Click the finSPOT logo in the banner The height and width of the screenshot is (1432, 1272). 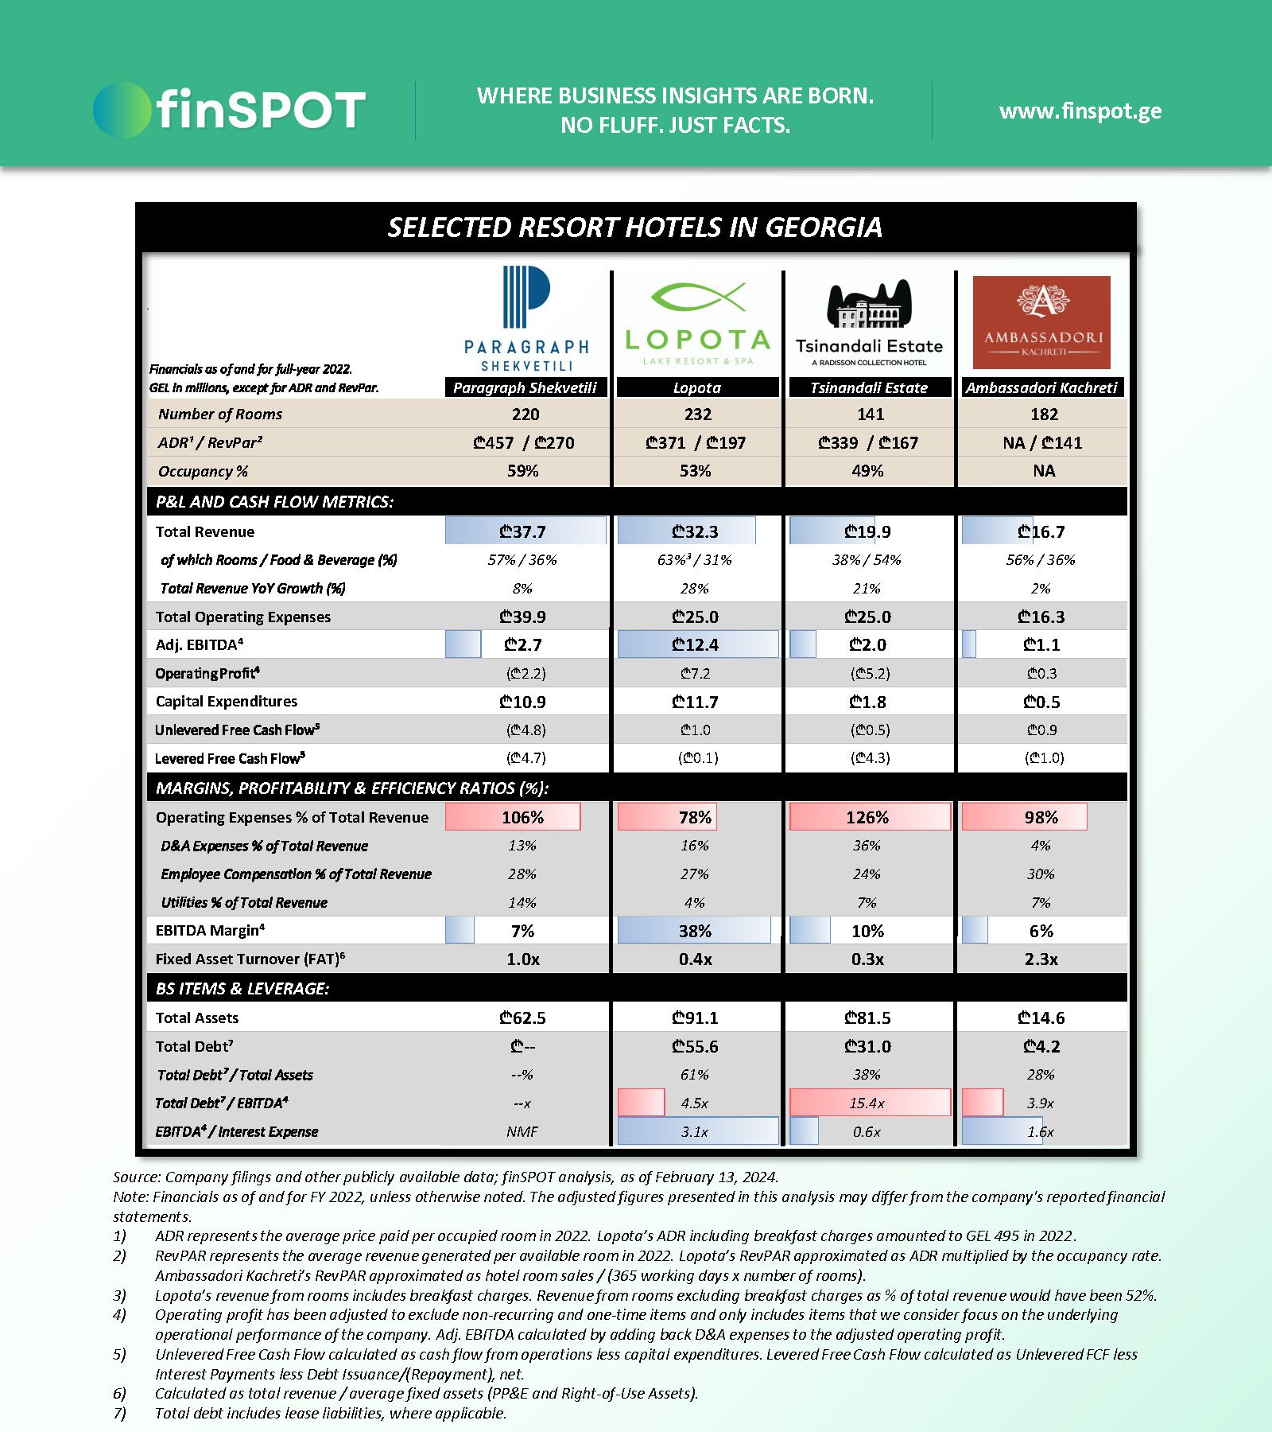(231, 110)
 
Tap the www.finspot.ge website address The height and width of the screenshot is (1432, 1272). (1080, 111)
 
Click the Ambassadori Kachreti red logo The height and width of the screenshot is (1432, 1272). (1041, 322)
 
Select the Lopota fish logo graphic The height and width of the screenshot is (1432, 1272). (698, 297)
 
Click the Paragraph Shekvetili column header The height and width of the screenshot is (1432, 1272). (525, 387)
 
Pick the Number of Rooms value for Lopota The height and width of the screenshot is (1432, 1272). (697, 414)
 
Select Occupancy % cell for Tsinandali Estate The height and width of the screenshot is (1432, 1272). (867, 471)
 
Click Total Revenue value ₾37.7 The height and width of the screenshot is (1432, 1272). (523, 531)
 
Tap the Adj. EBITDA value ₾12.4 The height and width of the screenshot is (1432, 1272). (696, 644)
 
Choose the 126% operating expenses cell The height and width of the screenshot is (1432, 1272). (867, 817)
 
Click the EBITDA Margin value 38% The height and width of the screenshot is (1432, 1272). (696, 931)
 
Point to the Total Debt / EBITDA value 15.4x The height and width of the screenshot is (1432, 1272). (867, 1103)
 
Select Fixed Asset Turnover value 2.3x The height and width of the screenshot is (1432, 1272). (1041, 959)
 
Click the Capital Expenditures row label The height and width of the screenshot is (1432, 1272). (227, 702)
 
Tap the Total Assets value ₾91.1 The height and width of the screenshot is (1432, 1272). (696, 1018)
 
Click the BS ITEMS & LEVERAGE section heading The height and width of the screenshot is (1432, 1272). (242, 989)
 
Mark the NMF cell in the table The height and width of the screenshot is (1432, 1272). (522, 1132)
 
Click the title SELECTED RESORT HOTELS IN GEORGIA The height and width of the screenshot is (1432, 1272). (634, 228)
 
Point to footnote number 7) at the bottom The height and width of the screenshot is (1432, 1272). (119, 1414)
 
